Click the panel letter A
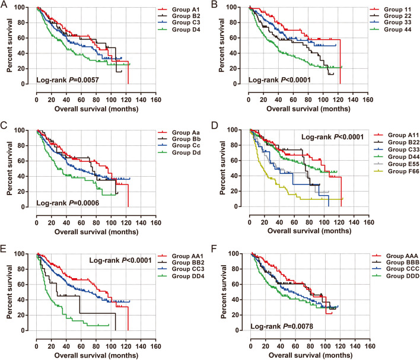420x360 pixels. pyautogui.click(x=4, y=5)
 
